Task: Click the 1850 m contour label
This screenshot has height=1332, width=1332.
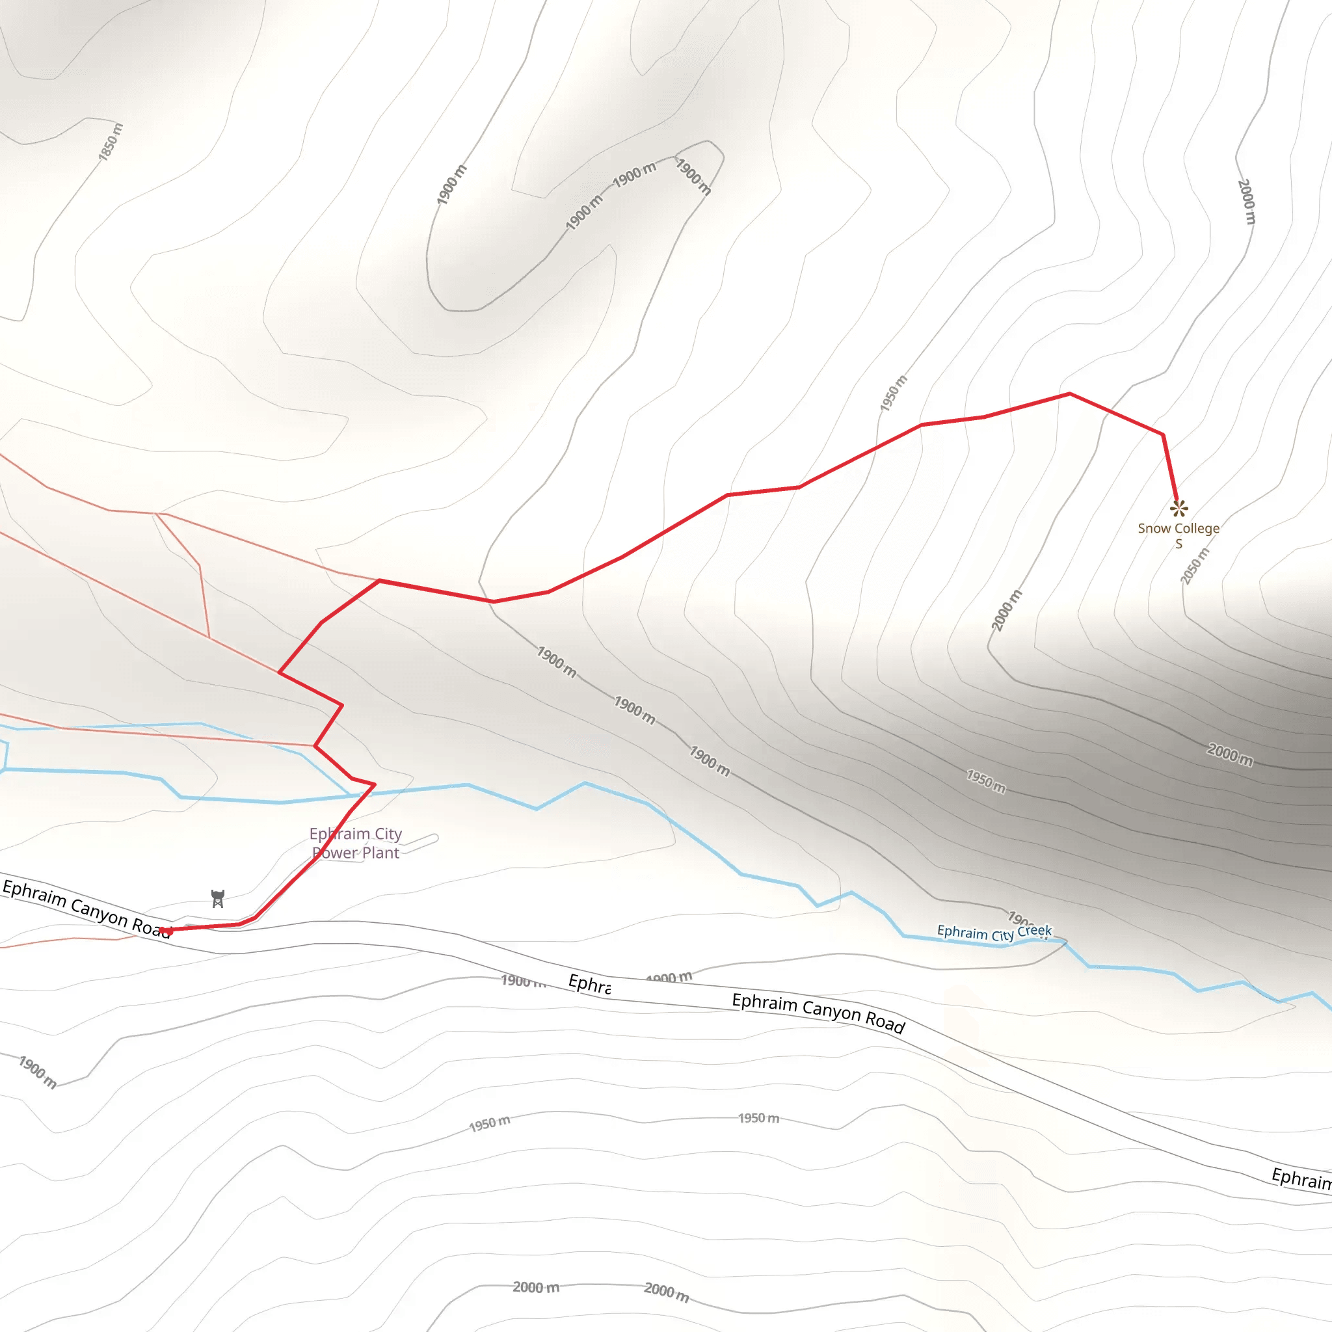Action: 111,142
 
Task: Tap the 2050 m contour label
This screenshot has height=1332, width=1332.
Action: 1194,566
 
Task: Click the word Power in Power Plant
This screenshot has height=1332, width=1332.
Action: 336,853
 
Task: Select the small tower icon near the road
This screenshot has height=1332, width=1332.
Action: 218,898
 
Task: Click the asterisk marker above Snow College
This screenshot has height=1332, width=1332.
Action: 1179,509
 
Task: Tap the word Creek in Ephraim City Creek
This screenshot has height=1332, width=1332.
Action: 1034,931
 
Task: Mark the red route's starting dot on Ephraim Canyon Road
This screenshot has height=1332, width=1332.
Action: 165,931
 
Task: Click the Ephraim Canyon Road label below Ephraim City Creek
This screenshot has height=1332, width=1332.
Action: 818,1012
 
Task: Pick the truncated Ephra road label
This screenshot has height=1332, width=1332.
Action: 589,985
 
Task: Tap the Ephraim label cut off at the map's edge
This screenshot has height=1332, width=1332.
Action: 1301,1179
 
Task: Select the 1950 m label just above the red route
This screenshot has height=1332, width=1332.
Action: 894,393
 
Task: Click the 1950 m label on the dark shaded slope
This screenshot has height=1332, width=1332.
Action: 986,782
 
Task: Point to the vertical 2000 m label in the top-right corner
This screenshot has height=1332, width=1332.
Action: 1247,202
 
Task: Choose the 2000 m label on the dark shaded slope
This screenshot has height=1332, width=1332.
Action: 1230,754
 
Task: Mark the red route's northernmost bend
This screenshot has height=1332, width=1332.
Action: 1069,393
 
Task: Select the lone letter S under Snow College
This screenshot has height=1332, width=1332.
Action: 1179,544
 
